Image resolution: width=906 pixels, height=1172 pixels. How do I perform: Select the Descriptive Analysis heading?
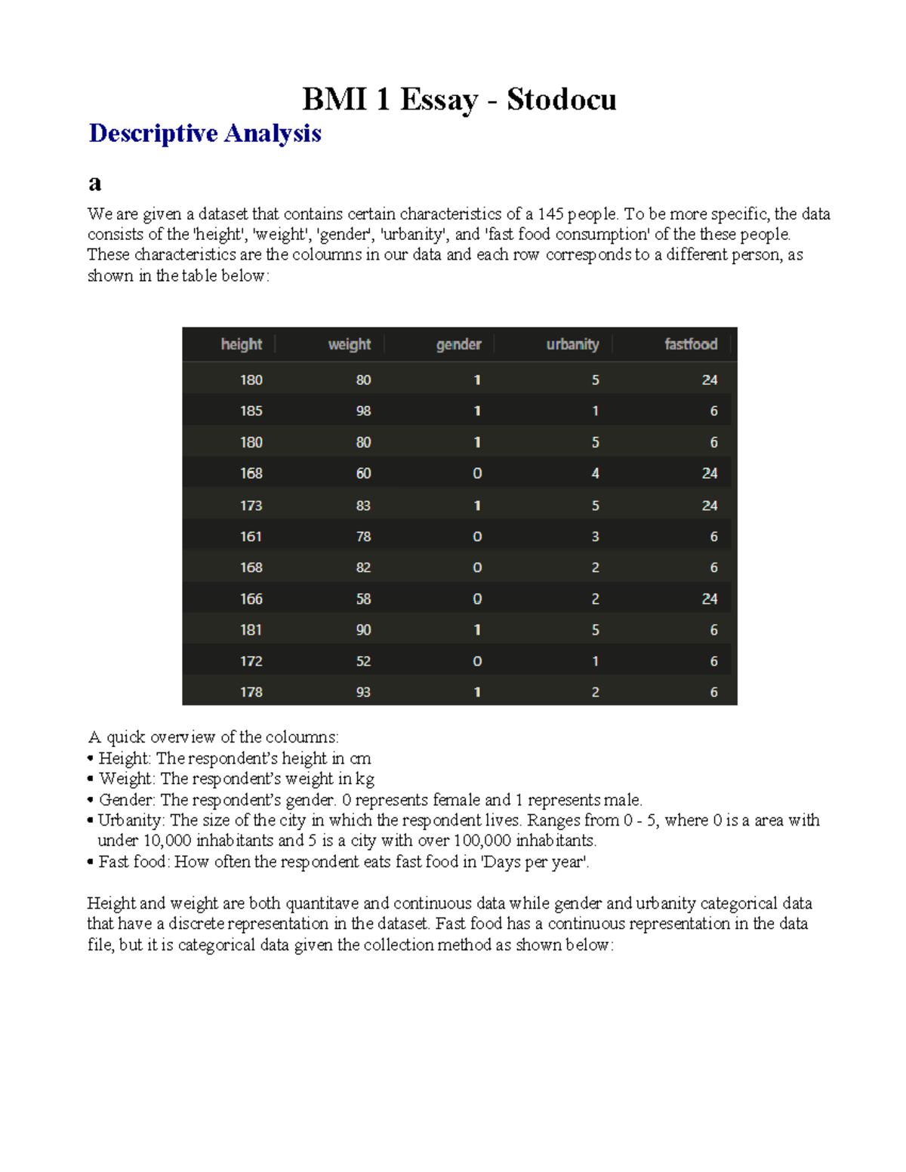pos(205,134)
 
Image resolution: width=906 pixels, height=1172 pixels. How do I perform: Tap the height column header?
pos(241,344)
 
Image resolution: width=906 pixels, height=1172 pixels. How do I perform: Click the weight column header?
pos(349,344)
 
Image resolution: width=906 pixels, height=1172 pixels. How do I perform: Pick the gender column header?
pos(458,344)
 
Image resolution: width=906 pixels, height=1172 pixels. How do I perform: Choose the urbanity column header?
pos(572,344)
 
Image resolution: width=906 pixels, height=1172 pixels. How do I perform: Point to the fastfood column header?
pos(690,344)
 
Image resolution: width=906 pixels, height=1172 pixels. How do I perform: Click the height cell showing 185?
pos(251,411)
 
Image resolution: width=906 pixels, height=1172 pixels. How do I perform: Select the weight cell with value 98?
pos(363,411)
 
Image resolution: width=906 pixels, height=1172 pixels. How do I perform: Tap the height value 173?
pos(251,506)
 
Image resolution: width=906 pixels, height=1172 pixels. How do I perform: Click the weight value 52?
pos(363,661)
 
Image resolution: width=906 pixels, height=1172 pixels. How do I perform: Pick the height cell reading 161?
pos(251,537)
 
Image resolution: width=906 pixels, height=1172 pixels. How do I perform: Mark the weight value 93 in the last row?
pos(363,692)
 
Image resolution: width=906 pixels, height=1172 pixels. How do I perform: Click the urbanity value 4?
pos(595,474)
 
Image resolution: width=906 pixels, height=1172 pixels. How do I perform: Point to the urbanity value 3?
pos(595,537)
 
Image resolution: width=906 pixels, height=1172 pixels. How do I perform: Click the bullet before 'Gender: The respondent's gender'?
pos(91,800)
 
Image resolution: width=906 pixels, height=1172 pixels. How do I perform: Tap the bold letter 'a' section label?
pos(94,183)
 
